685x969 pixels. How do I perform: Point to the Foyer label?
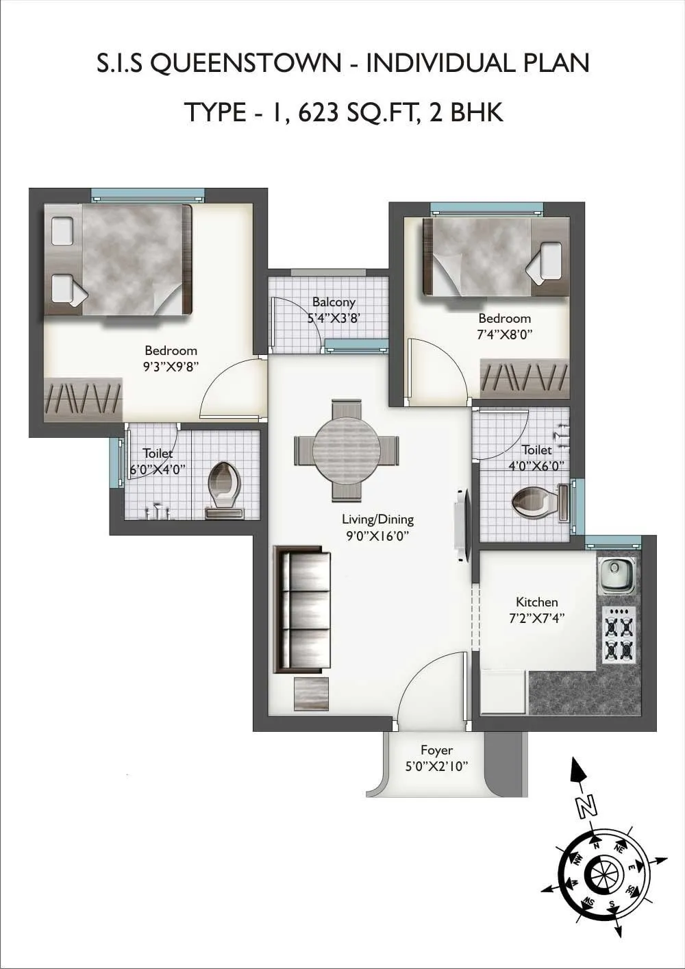click(436, 750)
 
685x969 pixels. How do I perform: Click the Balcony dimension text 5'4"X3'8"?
click(334, 318)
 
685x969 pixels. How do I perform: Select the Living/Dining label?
click(377, 519)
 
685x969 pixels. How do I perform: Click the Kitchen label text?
click(536, 602)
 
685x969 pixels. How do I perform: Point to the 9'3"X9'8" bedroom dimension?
click(171, 367)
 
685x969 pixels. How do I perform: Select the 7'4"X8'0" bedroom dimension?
click(504, 334)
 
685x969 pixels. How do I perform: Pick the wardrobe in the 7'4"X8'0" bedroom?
click(525, 378)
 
